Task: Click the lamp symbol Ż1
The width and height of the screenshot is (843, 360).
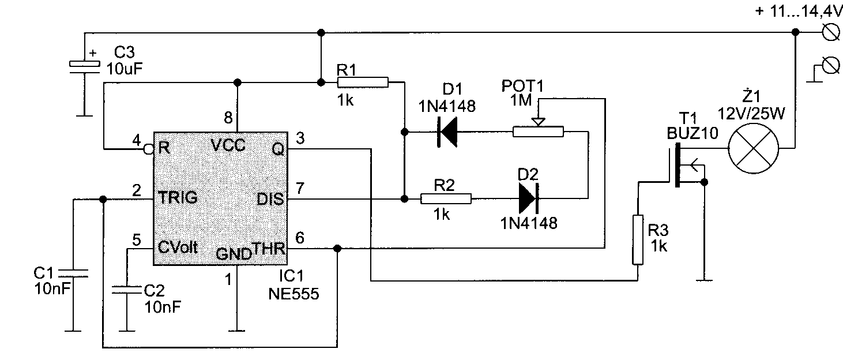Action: click(x=754, y=148)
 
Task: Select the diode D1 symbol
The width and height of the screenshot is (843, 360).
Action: click(x=447, y=132)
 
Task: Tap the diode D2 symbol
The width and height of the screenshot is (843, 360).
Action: click(x=528, y=198)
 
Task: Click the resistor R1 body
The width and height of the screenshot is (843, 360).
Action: click(x=363, y=82)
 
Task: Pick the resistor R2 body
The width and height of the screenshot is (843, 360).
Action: click(x=446, y=198)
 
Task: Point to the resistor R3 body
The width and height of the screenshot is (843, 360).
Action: click(x=638, y=240)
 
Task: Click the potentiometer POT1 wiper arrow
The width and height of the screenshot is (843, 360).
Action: click(x=538, y=122)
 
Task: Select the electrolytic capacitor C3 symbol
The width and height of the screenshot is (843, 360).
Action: click(x=84, y=67)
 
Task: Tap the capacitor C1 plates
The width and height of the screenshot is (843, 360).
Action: click(x=73, y=273)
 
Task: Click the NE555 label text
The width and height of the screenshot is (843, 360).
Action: click(x=293, y=294)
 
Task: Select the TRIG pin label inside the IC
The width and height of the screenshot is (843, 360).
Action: click(x=178, y=197)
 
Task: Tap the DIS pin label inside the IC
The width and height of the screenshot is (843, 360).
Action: click(x=270, y=199)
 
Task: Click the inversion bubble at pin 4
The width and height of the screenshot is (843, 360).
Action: click(x=149, y=149)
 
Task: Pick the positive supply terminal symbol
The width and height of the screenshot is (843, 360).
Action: click(x=830, y=32)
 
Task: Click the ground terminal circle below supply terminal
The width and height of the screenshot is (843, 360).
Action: click(x=830, y=66)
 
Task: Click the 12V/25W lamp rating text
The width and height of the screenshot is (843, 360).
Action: click(x=751, y=113)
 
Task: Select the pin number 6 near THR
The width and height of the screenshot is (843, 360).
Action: click(x=300, y=238)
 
